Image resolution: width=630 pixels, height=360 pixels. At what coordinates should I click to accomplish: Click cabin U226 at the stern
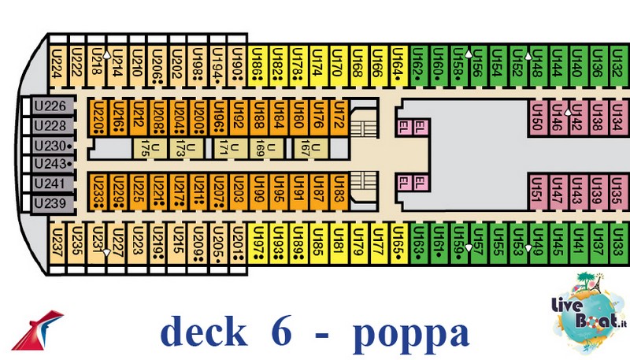[50, 106]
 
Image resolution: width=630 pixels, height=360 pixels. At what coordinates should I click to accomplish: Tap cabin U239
[50, 203]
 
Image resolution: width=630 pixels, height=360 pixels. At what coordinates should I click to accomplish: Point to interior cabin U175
[144, 147]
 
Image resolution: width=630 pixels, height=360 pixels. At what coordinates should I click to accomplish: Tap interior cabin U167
[317, 147]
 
